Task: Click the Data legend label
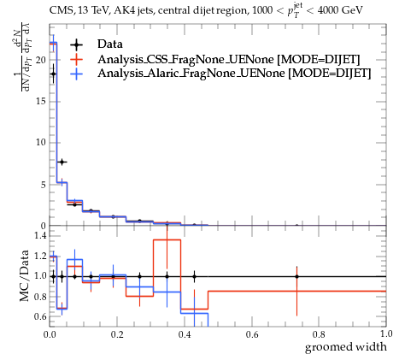pyautogui.click(x=110, y=44)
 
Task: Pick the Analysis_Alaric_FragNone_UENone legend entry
pyautogui.click(x=234, y=74)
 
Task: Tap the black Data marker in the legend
pyautogui.click(x=77, y=44)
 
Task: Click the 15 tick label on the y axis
pyautogui.click(x=41, y=102)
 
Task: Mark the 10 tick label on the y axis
pyautogui.click(x=41, y=143)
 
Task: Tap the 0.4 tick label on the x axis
pyautogui.click(x=185, y=334)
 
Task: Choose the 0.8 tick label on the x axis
pyautogui.click(x=319, y=334)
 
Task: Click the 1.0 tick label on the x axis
pyautogui.click(x=386, y=333)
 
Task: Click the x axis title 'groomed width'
pyautogui.click(x=346, y=347)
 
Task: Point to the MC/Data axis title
pyautogui.click(x=25, y=275)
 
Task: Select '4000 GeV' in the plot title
pyautogui.click(x=340, y=11)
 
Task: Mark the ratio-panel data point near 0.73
pyautogui.click(x=296, y=276)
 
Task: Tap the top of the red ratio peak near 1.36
pyautogui.click(x=167, y=240)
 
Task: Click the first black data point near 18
pyautogui.click(x=53, y=74)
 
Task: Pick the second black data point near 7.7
pyautogui.click(x=62, y=162)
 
